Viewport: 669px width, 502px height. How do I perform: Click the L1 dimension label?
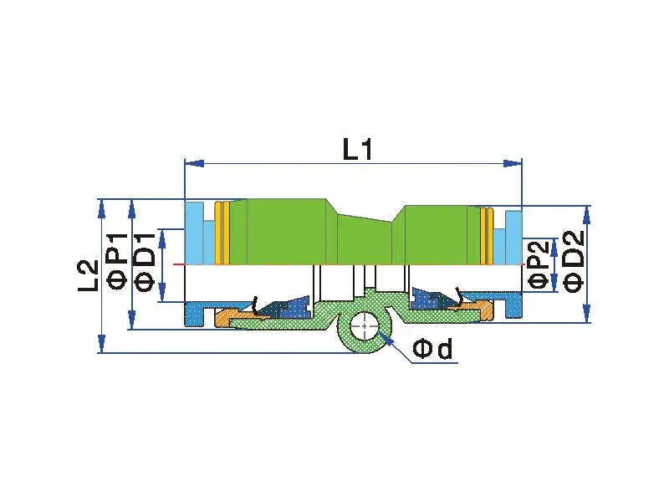(356, 149)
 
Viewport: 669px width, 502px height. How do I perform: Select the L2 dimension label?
(89, 275)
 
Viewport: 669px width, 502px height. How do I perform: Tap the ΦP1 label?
(116, 264)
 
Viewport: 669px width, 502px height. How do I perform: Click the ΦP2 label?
(540, 263)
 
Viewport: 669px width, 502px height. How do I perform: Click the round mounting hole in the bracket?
(365, 325)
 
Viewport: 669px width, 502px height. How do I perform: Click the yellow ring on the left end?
(222, 232)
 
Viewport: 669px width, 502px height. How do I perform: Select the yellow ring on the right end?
(485, 234)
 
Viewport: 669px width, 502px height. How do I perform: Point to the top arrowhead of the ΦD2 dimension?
(587, 212)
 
